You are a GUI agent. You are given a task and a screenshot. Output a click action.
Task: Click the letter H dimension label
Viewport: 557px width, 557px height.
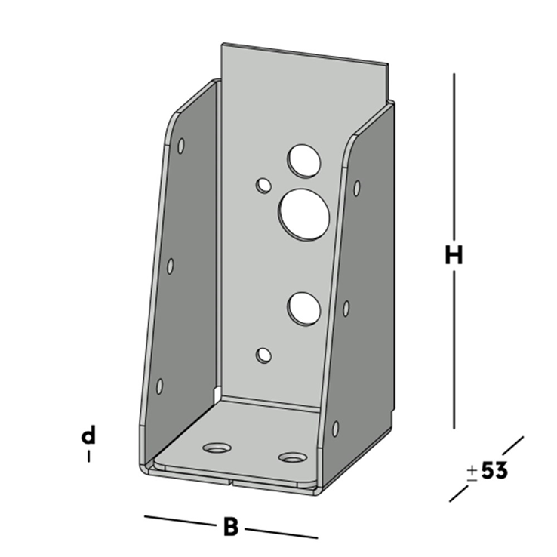(x=453, y=256)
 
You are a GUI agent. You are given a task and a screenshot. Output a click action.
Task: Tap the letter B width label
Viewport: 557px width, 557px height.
(x=231, y=526)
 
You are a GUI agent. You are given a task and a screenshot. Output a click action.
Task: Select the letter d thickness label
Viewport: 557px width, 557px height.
(x=89, y=435)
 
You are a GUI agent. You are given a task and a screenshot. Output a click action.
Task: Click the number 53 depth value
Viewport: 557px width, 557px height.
(x=494, y=471)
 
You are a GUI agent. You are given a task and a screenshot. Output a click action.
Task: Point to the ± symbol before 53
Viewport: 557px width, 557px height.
(x=472, y=472)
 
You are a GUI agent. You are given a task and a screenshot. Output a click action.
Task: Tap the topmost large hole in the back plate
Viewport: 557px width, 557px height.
(x=303, y=159)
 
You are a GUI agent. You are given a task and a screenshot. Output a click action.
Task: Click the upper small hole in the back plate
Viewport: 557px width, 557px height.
(x=263, y=185)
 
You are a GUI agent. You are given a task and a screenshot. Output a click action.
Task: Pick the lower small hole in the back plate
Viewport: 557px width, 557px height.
(x=263, y=354)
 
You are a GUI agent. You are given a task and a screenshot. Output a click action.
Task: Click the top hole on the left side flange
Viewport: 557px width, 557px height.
(x=181, y=146)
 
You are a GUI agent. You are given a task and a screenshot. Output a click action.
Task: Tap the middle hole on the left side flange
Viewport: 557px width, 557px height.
(x=171, y=266)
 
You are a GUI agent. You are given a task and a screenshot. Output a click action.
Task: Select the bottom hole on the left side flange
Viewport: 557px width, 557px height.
(x=159, y=386)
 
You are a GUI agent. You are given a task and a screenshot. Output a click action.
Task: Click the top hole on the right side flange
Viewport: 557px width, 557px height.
(x=357, y=188)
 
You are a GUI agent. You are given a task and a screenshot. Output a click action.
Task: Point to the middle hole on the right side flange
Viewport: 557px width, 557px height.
(x=346, y=308)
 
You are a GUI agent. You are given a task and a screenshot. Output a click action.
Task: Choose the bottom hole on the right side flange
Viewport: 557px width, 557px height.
(x=335, y=429)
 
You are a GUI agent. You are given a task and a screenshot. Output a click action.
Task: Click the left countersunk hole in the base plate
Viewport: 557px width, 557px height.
(x=217, y=448)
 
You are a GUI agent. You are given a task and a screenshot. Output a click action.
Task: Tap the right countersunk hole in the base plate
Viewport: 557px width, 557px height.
(x=293, y=457)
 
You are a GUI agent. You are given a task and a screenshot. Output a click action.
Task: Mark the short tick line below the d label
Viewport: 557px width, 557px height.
(x=89, y=456)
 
